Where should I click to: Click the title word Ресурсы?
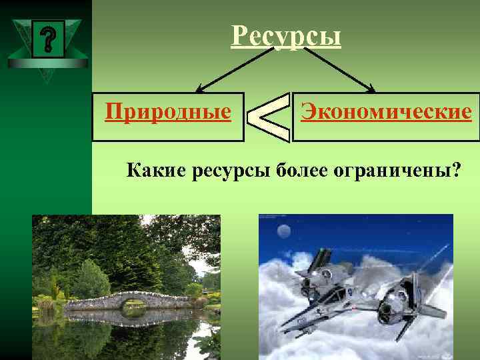point(286,36)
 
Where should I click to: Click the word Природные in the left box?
point(168,111)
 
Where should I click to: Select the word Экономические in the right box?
point(386,111)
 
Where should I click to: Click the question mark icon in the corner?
point(47,39)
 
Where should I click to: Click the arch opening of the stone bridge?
point(134,306)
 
